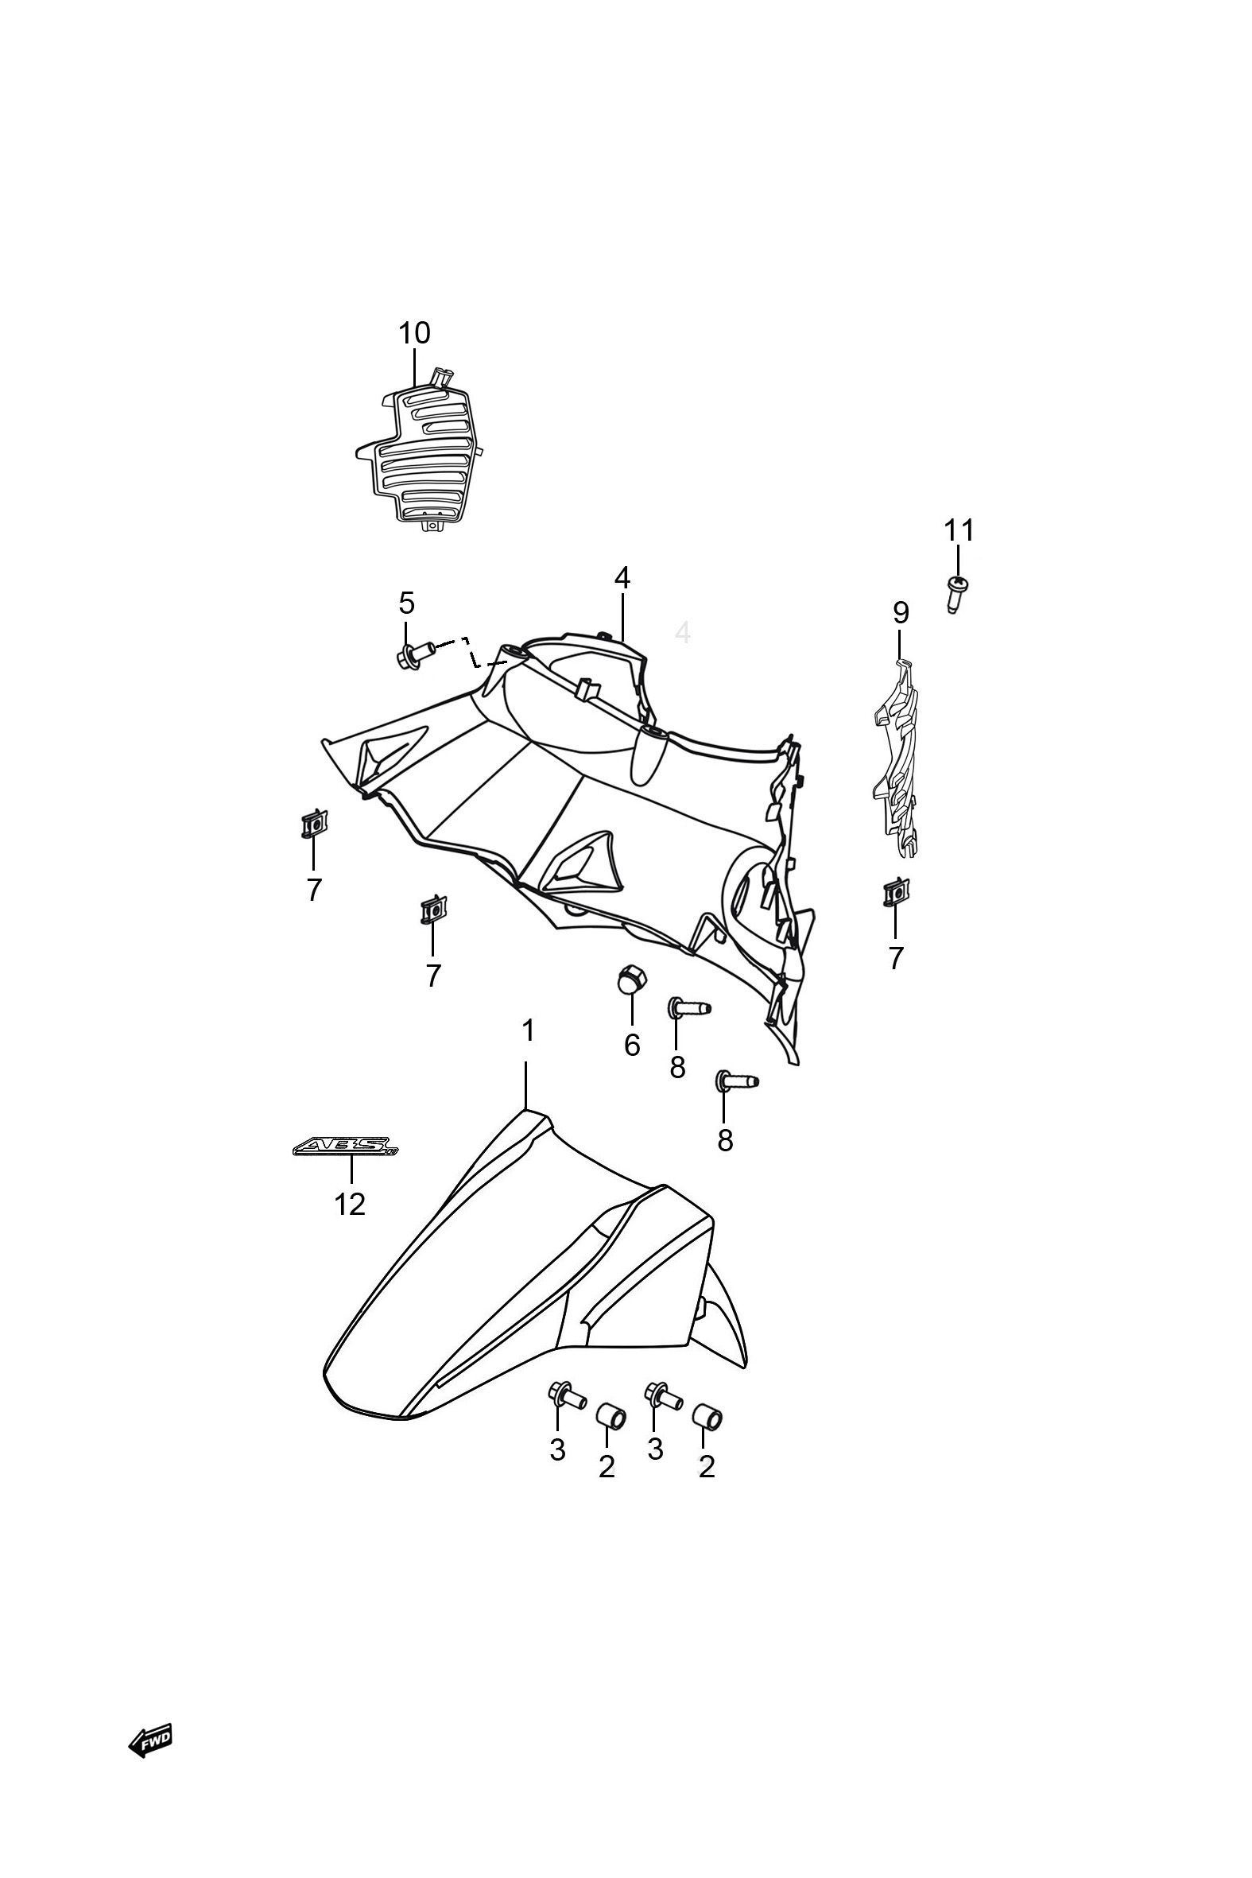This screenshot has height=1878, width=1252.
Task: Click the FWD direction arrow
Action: (150, 1740)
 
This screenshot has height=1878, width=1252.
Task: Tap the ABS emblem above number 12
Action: (345, 1148)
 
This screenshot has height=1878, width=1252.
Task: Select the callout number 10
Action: (414, 333)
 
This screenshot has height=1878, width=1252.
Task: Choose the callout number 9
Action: (901, 613)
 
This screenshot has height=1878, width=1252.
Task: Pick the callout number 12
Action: (350, 1203)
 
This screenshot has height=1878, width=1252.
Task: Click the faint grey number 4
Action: (683, 632)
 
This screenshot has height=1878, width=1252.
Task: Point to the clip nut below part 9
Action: (894, 893)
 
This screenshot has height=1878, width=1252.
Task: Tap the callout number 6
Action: (633, 1045)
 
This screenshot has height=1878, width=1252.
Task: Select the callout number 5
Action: (406, 603)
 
